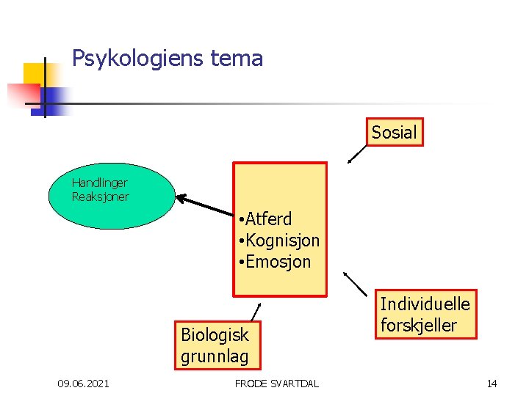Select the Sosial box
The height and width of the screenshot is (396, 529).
coord(395,133)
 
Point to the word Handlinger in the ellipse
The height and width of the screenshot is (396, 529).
coord(100,183)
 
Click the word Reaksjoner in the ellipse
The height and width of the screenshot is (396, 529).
coord(101,197)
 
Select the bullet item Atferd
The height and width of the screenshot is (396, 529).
coord(268,219)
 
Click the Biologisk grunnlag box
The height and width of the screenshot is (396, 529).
coord(215,345)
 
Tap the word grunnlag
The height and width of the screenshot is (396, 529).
coord(215,357)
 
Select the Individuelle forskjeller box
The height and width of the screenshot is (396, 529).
coord(425,314)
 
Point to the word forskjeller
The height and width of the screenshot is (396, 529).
coord(418,325)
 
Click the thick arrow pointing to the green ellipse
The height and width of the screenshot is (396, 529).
coord(204,205)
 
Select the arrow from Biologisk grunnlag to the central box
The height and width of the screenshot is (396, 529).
coord(255,311)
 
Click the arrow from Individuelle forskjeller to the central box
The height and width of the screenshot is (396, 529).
coord(357,285)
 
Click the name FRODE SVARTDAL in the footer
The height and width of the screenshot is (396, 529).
coord(276,384)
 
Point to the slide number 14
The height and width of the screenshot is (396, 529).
coord(492,384)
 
